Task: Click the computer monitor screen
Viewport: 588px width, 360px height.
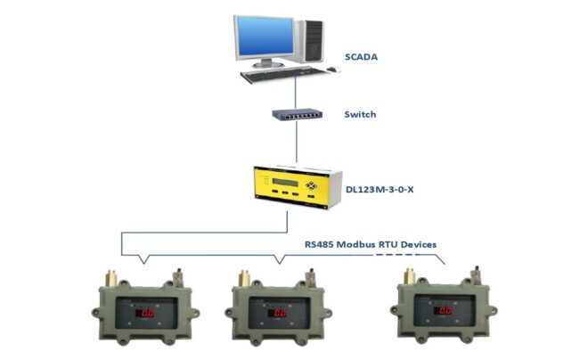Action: (x=265, y=37)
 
